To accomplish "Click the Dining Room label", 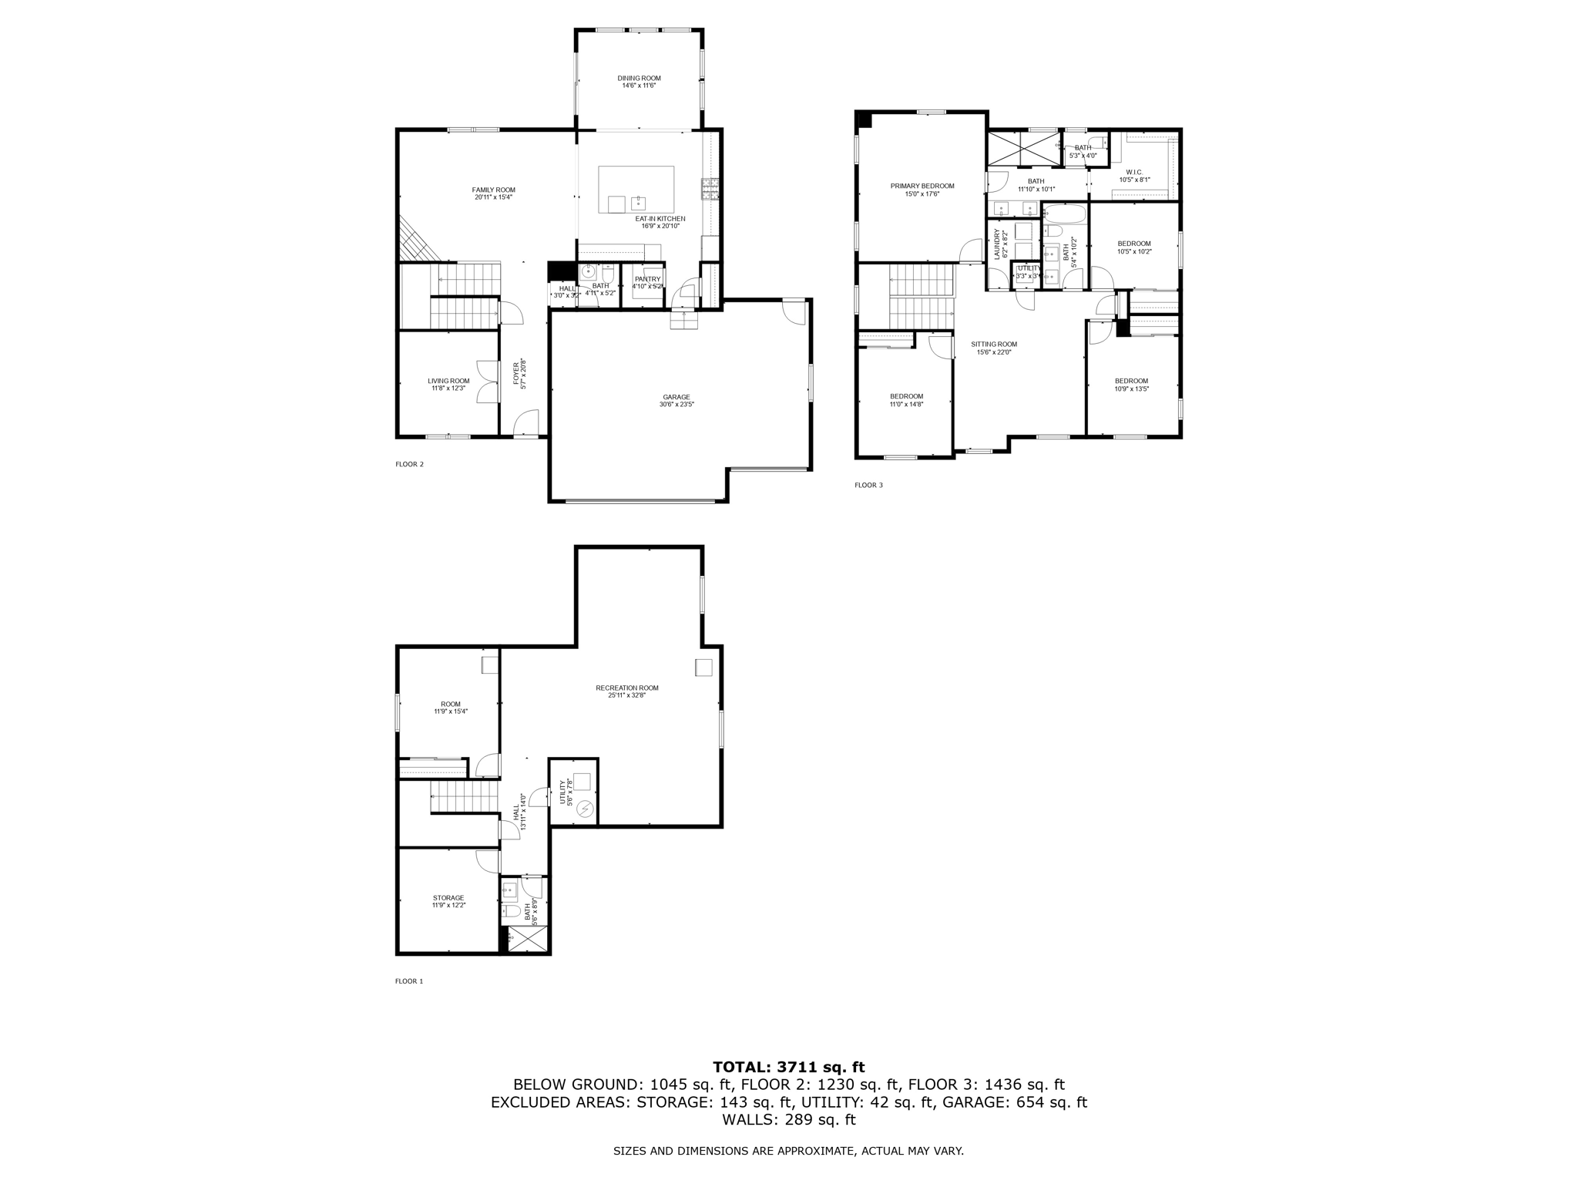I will (x=639, y=78).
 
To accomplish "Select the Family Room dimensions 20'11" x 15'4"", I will (x=493, y=197).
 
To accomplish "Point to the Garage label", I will (x=676, y=397).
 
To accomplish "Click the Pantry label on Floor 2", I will (x=647, y=279).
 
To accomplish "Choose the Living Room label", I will (x=448, y=381).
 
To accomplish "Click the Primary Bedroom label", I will (x=922, y=186).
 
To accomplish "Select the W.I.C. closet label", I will (x=1133, y=172).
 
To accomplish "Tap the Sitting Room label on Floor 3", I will (x=993, y=344).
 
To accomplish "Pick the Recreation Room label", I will (x=626, y=688).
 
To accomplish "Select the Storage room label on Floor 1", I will (x=448, y=897).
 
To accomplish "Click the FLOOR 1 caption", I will (x=409, y=981).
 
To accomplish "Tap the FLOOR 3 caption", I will (x=868, y=485).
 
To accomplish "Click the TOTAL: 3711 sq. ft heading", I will (x=788, y=1068).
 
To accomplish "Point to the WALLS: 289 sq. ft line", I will (x=788, y=1120).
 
